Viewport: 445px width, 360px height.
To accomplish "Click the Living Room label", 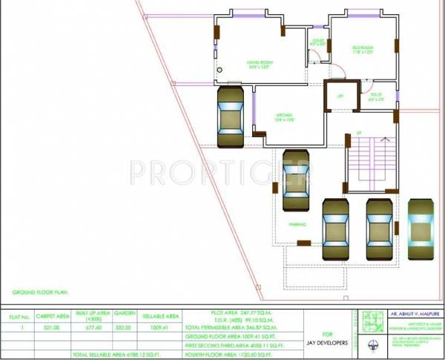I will [260, 64].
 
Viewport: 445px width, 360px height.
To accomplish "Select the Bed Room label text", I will [362, 50].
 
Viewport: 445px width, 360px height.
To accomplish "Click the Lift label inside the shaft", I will [340, 96].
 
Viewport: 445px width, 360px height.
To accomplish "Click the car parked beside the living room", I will [230, 118].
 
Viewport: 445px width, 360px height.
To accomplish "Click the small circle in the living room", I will [219, 71].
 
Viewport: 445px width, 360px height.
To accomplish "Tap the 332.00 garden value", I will [124, 327].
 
